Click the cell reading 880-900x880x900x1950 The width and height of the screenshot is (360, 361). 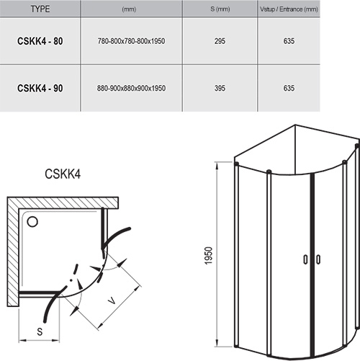[130, 88]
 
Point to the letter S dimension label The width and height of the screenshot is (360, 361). [38, 332]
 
